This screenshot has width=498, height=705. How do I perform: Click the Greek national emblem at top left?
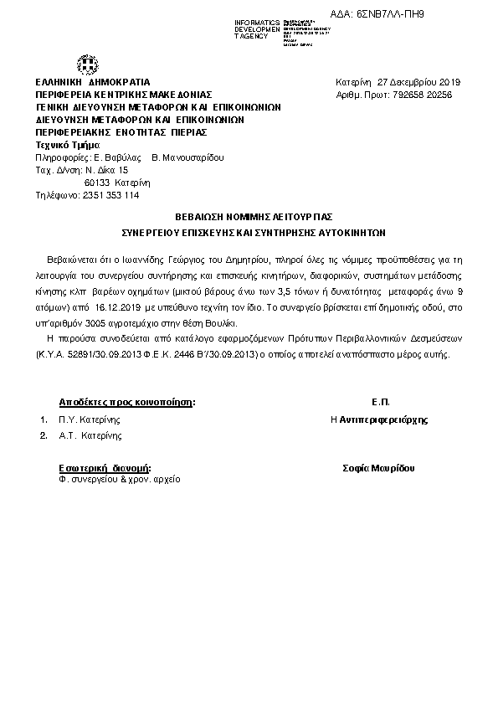(x=88, y=64)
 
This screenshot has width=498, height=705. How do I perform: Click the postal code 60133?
(x=98, y=182)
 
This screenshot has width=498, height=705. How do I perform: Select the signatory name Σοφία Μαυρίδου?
(x=379, y=468)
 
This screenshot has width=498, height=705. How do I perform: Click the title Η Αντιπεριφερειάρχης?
(x=379, y=419)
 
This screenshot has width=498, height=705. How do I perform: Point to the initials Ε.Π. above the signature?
(x=380, y=402)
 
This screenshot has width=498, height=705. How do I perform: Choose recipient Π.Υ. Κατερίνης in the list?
(x=90, y=419)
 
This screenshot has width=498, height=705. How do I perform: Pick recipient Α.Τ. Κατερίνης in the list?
(x=90, y=435)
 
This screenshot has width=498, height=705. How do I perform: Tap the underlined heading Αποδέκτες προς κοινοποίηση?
(x=126, y=402)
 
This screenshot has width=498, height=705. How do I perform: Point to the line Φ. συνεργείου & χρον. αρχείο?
(x=119, y=480)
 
